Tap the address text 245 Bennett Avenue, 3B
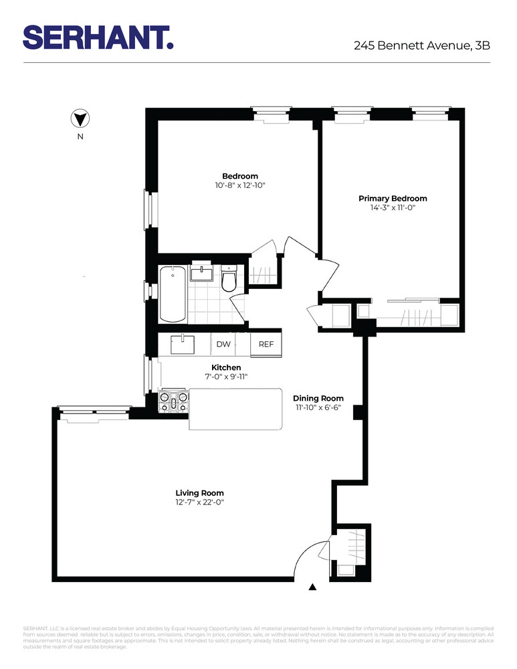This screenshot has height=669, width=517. (423, 46)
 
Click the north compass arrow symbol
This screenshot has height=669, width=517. (80, 119)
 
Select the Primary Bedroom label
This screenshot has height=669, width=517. (393, 199)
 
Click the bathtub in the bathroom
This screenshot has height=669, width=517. (173, 294)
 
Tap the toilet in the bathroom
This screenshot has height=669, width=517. (229, 279)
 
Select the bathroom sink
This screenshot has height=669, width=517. (201, 273)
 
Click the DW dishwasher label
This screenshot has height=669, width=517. (223, 344)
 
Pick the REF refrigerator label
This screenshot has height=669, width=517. (266, 344)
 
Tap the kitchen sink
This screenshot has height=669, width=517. (181, 345)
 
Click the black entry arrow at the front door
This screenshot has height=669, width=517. (312, 587)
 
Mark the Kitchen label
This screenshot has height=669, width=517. (226, 367)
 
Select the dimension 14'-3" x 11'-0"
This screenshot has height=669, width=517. (393, 208)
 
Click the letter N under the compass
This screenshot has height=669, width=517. (80, 137)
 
